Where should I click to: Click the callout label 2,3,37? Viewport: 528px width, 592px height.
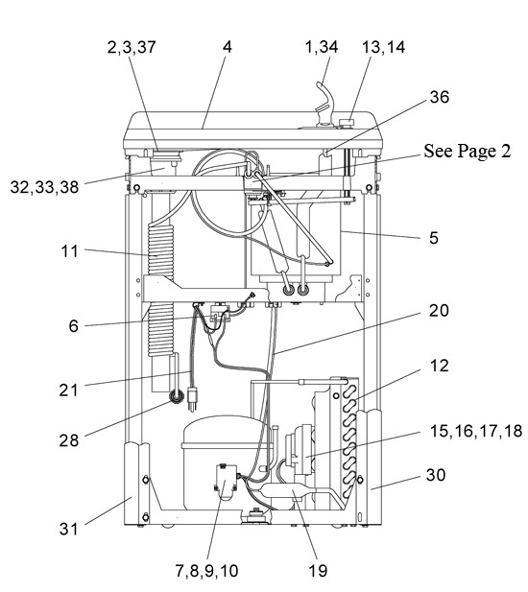click(x=132, y=47)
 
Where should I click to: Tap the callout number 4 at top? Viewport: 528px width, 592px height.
click(x=227, y=47)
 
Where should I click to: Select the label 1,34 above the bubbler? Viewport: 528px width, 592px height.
click(x=322, y=47)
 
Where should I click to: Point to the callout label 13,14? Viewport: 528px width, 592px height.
click(x=383, y=47)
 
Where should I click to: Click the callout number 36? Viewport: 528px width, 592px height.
click(x=440, y=97)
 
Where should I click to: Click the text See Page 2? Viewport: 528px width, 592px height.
click(x=468, y=151)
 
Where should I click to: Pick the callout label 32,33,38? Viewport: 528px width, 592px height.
click(x=44, y=187)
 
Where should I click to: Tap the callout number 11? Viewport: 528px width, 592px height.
click(x=69, y=251)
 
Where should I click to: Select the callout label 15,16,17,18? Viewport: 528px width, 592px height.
click(x=476, y=431)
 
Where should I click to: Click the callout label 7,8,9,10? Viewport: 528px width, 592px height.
click(x=207, y=571)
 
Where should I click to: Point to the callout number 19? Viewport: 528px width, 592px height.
click(x=318, y=571)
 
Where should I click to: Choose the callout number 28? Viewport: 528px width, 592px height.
click(x=69, y=440)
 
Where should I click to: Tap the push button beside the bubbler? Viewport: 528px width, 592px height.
click(x=347, y=123)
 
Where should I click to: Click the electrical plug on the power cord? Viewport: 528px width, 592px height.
click(x=192, y=398)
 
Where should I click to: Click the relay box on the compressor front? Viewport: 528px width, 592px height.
click(x=226, y=483)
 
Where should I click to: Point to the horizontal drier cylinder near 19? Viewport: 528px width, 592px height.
click(x=287, y=492)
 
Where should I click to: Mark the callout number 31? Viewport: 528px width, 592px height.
click(x=68, y=529)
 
